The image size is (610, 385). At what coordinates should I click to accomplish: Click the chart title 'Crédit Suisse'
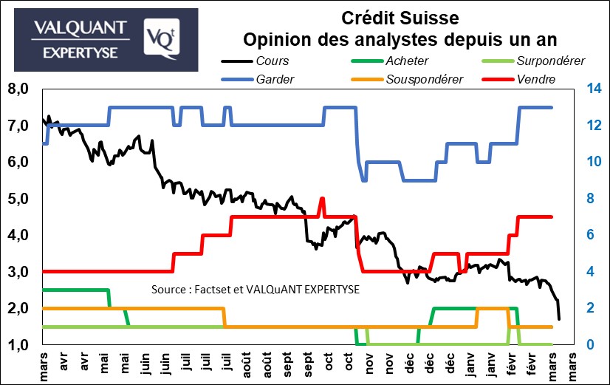[x=400, y=16]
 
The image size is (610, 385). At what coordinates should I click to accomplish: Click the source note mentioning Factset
[x=255, y=289]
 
